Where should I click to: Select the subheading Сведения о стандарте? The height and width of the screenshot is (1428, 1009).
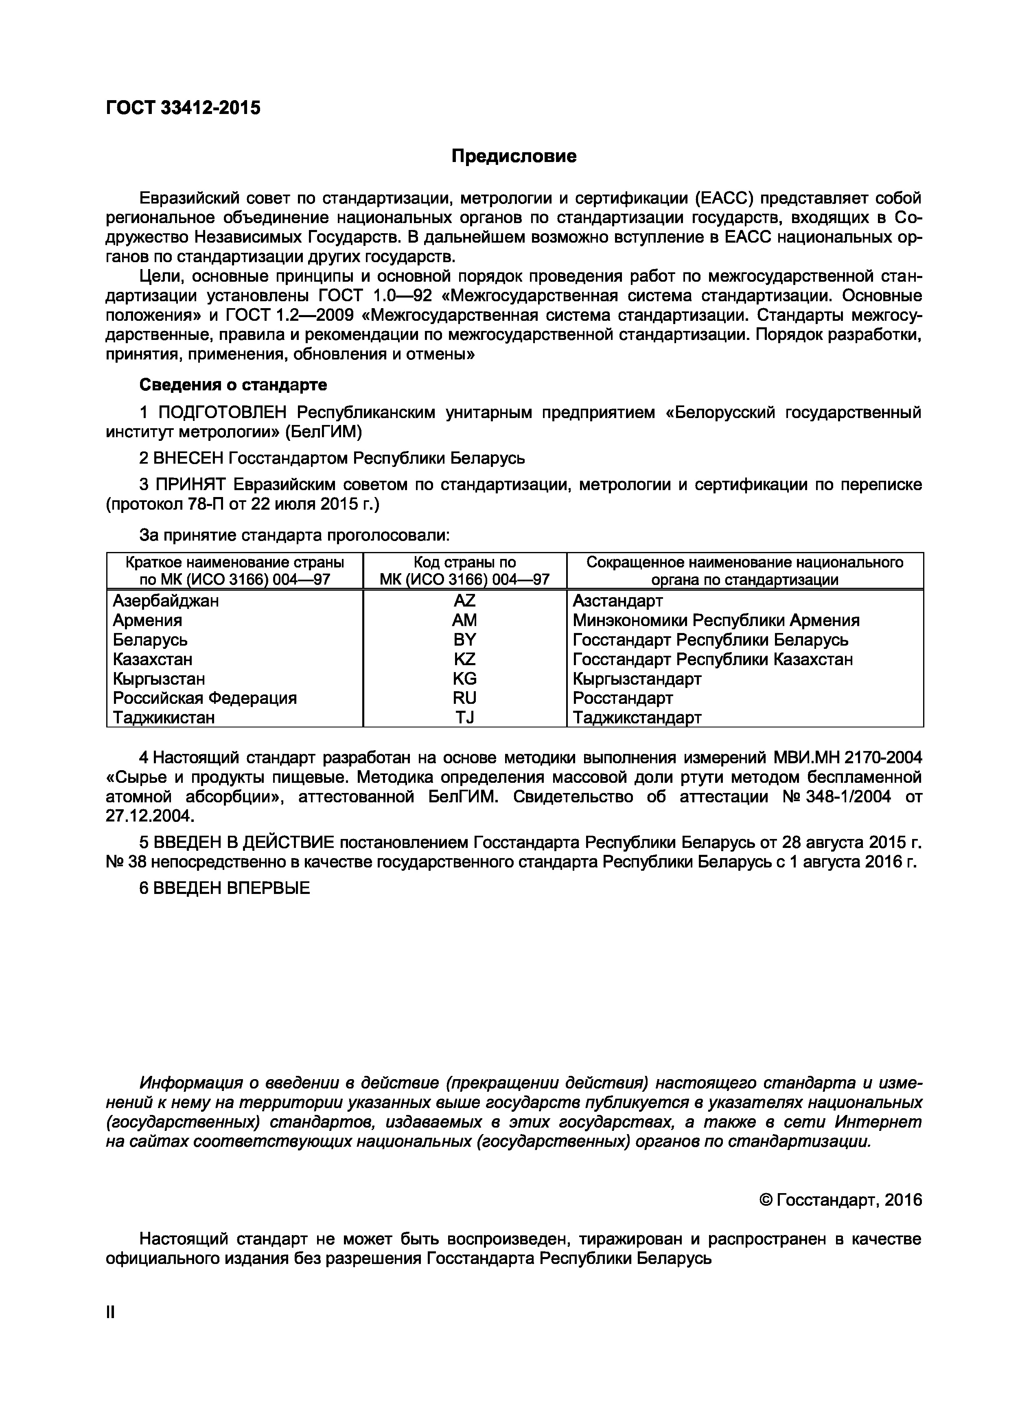point(232,385)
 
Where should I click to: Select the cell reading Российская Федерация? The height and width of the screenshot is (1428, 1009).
point(205,698)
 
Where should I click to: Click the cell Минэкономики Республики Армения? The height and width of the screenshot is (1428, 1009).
point(716,620)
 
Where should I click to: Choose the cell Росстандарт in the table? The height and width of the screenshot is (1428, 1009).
point(622,698)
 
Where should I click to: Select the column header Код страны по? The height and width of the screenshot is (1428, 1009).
point(464,562)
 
